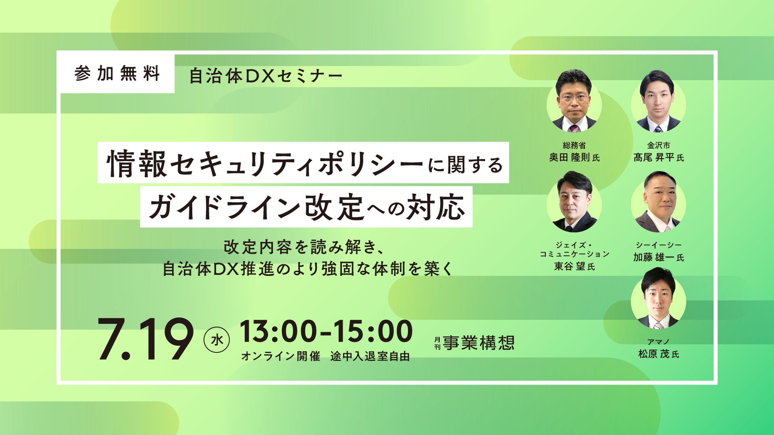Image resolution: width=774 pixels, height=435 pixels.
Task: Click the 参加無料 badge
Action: click(117, 74)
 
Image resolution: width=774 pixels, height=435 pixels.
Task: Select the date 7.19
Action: click(146, 340)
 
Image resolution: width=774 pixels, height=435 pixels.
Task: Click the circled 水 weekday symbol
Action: click(217, 340)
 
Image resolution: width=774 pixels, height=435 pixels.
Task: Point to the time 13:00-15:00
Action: click(327, 332)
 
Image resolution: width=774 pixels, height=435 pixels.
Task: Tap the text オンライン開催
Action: click(281, 356)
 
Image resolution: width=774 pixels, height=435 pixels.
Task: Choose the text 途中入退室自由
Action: click(370, 356)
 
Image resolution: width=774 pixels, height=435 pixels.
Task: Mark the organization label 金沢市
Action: click(659, 145)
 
